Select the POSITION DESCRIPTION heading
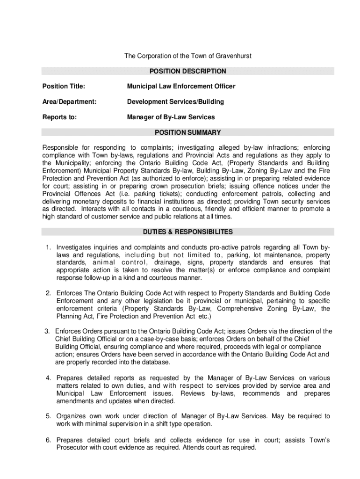click(x=187, y=72)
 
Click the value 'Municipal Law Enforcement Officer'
click(x=181, y=87)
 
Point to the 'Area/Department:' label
click(x=69, y=102)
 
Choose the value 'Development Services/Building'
click(x=175, y=102)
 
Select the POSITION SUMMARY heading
click(x=187, y=132)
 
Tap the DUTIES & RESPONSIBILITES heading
click(x=187, y=232)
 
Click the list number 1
click(x=48, y=247)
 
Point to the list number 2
click(x=48, y=293)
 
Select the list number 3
click(x=47, y=331)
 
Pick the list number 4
click(x=48, y=378)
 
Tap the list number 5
click(x=48, y=416)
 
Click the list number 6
click(x=48, y=440)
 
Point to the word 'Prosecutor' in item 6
click(x=72, y=448)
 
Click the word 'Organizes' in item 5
click(x=71, y=416)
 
